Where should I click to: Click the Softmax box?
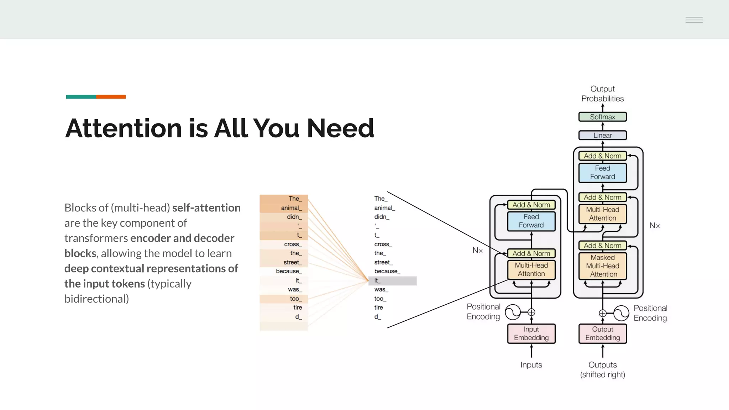[x=602, y=117]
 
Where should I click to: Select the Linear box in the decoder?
[x=602, y=135]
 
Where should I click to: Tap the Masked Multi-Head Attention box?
[x=603, y=266]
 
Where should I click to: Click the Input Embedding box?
[x=531, y=333]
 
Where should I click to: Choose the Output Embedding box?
[x=602, y=333]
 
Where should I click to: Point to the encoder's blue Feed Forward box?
[x=531, y=221]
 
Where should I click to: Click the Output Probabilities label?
[x=602, y=94]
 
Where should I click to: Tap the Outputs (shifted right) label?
[x=602, y=369]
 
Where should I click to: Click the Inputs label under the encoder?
[x=531, y=365]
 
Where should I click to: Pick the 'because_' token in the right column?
[x=387, y=271]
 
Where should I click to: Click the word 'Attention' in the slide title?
[x=124, y=128]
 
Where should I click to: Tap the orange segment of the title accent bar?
[x=111, y=97]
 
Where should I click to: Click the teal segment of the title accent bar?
[x=81, y=97]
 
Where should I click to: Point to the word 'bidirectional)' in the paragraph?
[x=96, y=299]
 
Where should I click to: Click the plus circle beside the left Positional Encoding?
[x=531, y=312]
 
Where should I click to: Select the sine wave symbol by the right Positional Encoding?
[x=621, y=313]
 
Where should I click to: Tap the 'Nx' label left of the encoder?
[x=477, y=251]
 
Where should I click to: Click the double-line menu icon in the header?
[x=694, y=20]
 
